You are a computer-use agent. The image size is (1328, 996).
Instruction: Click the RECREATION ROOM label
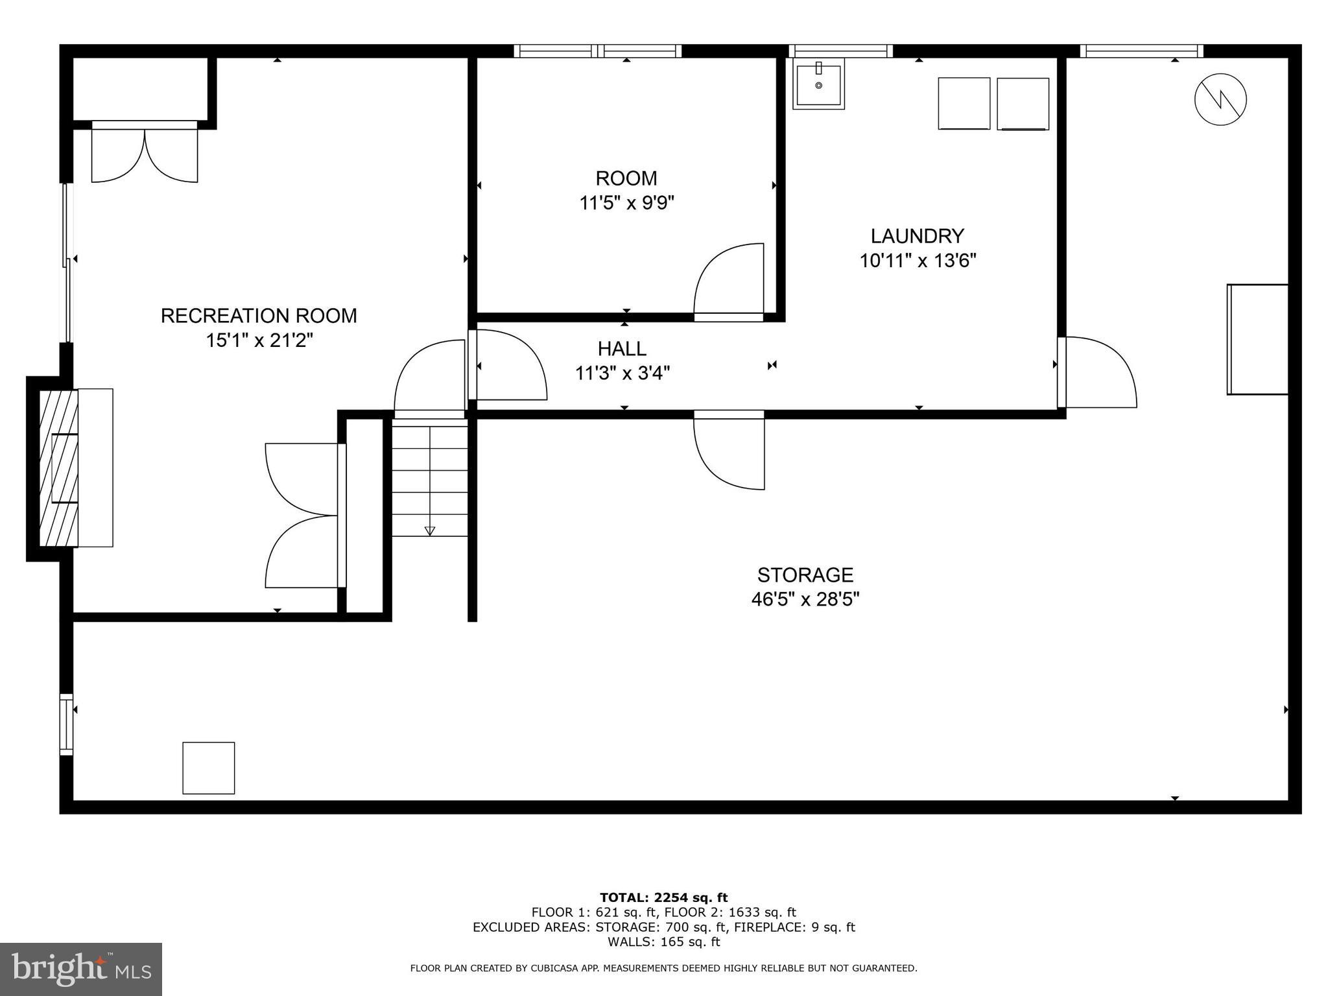[259, 316]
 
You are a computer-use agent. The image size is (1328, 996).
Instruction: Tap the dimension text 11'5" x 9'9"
[626, 204]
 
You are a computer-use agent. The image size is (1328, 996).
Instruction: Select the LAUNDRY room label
[917, 235]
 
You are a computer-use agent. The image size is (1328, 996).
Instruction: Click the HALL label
[622, 349]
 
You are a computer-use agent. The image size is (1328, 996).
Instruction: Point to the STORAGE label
[805, 575]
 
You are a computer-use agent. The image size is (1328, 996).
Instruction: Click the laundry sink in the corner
[818, 84]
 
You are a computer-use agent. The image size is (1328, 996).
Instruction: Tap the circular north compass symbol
[1220, 99]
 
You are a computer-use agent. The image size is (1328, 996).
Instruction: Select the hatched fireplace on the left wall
[58, 468]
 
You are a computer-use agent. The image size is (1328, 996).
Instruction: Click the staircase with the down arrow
[429, 480]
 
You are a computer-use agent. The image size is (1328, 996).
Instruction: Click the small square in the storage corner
[208, 768]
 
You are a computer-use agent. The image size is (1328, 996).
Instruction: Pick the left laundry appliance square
[964, 104]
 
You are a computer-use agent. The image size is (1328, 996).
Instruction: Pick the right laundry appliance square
[1023, 104]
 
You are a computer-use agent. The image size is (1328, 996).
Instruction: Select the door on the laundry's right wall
[1098, 372]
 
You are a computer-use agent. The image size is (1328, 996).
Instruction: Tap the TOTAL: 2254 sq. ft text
[663, 897]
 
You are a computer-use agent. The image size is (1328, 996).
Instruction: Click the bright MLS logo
[81, 969]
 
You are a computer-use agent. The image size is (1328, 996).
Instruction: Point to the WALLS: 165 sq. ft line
[663, 942]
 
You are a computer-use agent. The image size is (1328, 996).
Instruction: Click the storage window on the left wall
[66, 724]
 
